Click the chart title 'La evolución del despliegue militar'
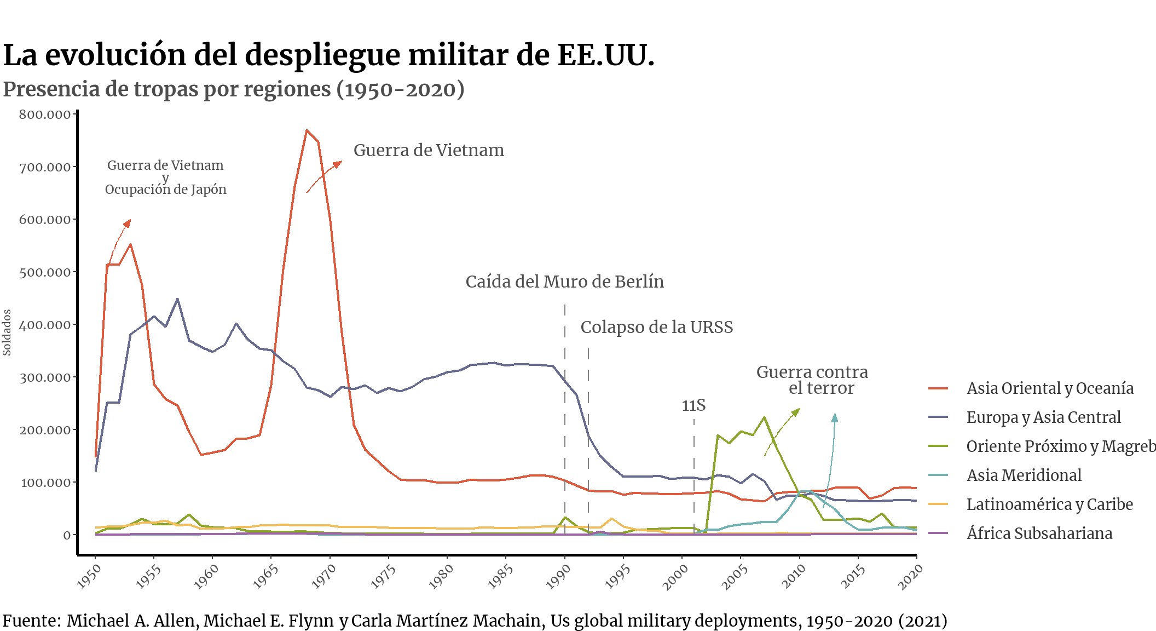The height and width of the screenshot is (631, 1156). click(328, 55)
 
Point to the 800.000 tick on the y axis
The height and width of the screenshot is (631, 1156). click(45, 114)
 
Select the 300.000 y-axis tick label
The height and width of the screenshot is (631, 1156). click(45, 377)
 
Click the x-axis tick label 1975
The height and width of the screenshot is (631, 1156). click(383, 576)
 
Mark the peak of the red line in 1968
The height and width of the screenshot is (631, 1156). click(307, 130)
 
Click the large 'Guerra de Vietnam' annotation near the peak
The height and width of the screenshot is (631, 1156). click(429, 150)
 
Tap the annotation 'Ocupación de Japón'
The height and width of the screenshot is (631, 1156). click(165, 190)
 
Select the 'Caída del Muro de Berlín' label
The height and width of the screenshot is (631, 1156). click(564, 282)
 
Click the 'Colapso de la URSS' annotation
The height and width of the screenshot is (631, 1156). click(656, 327)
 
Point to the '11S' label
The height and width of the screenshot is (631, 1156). click(693, 405)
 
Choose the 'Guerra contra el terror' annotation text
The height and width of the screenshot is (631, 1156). click(812, 380)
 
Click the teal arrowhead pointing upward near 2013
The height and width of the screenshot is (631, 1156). click(834, 417)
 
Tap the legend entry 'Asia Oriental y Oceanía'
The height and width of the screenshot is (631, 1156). click(1049, 388)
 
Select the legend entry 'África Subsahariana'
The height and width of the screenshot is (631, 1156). click(1039, 534)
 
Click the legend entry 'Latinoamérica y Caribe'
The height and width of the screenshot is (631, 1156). click(1049, 504)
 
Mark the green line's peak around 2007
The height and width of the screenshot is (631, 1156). click(764, 417)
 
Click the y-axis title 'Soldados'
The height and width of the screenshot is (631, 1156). click(7, 332)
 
